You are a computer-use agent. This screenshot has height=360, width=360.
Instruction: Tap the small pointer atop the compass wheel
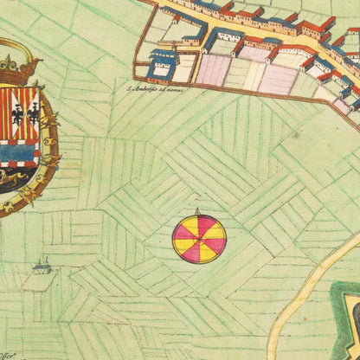(198, 211)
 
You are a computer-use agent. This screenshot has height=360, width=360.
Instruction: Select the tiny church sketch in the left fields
(41, 267)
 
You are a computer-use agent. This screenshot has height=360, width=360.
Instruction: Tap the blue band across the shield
(19, 153)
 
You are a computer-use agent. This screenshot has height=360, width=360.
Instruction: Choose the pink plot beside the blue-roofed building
(211, 69)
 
